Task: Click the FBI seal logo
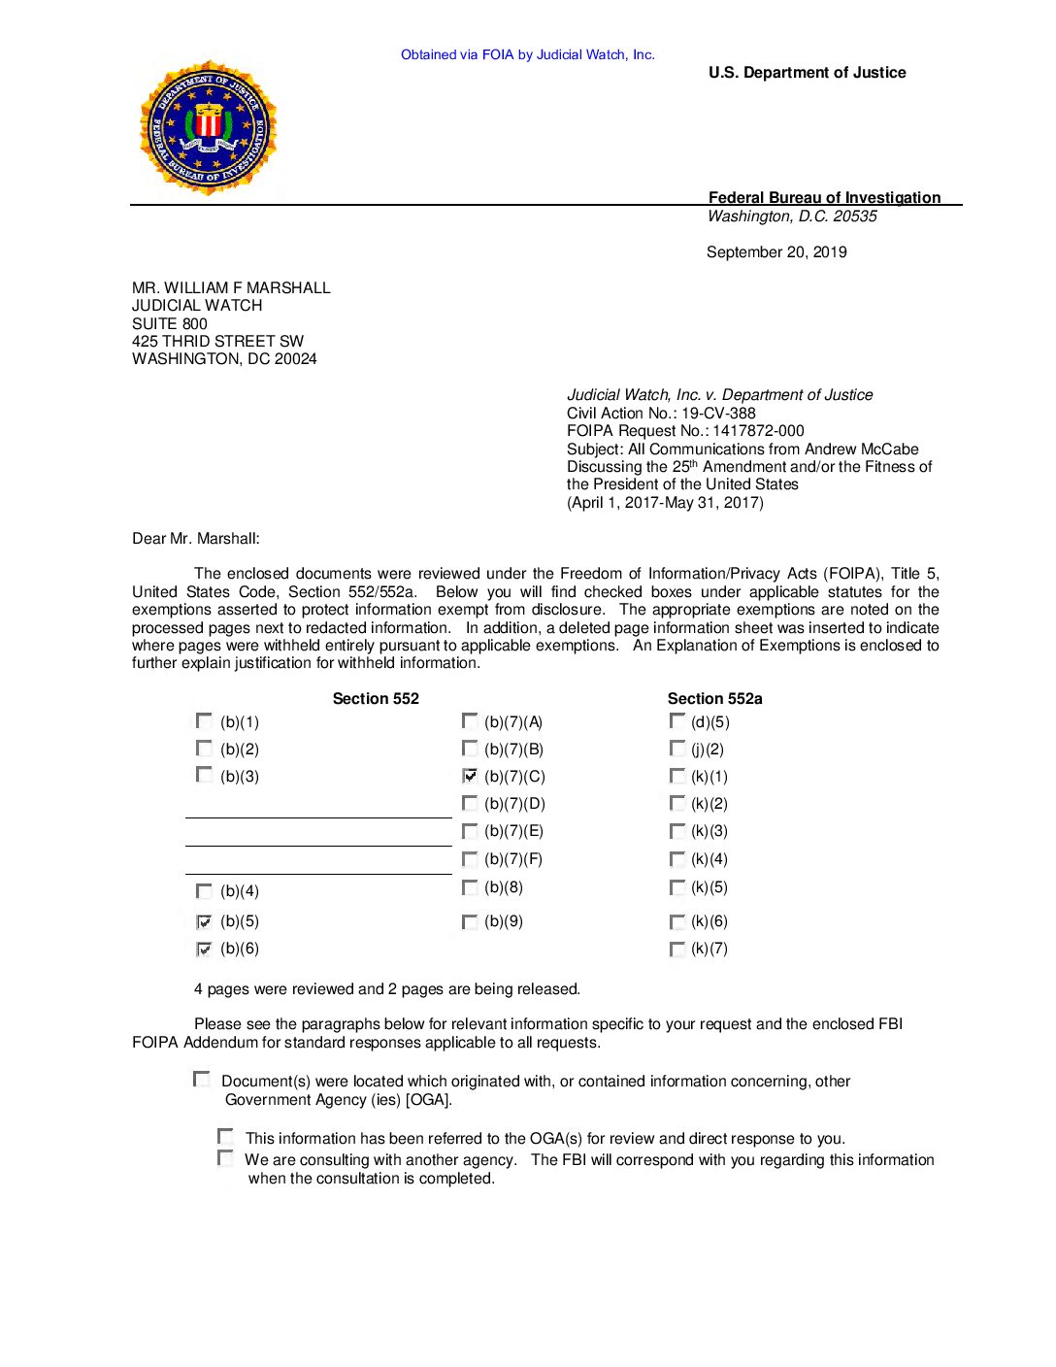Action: pos(209,128)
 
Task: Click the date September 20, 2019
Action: pos(776,252)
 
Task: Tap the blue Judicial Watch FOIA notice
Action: pos(528,55)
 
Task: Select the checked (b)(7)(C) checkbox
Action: pos(470,776)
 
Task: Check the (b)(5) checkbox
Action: pos(204,921)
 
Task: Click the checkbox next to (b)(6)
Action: pos(204,949)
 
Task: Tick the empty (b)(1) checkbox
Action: pos(204,721)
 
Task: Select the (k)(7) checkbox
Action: pos(676,949)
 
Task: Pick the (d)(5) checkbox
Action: pos(676,721)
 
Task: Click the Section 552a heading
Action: pos(714,699)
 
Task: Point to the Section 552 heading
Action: pos(376,699)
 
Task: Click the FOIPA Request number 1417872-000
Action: pos(758,431)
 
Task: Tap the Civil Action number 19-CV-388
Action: pos(718,414)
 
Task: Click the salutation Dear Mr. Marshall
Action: pos(196,539)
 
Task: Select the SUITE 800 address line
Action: pos(170,324)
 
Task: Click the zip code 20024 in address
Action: pos(295,359)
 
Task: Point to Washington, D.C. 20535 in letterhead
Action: pos(792,217)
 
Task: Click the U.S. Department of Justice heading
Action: pos(807,73)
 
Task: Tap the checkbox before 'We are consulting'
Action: pos(225,1158)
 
